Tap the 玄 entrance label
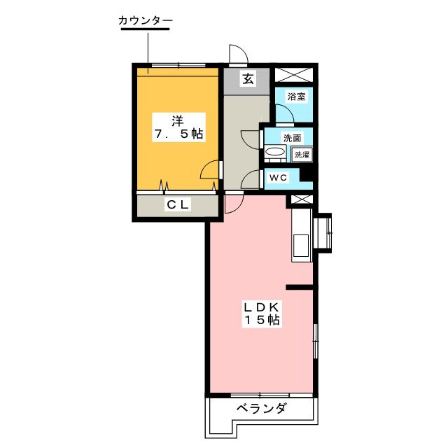click(x=248, y=79)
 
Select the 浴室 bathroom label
click(x=296, y=97)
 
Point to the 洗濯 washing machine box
click(x=302, y=155)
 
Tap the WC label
click(x=279, y=178)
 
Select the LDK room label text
click(x=262, y=307)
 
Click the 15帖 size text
click(x=262, y=321)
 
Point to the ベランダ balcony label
click(x=260, y=409)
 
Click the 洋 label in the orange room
click(x=178, y=119)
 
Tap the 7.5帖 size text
click(x=178, y=134)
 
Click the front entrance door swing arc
click(x=237, y=55)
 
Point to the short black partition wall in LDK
click(x=300, y=286)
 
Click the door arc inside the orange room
click(x=209, y=170)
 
